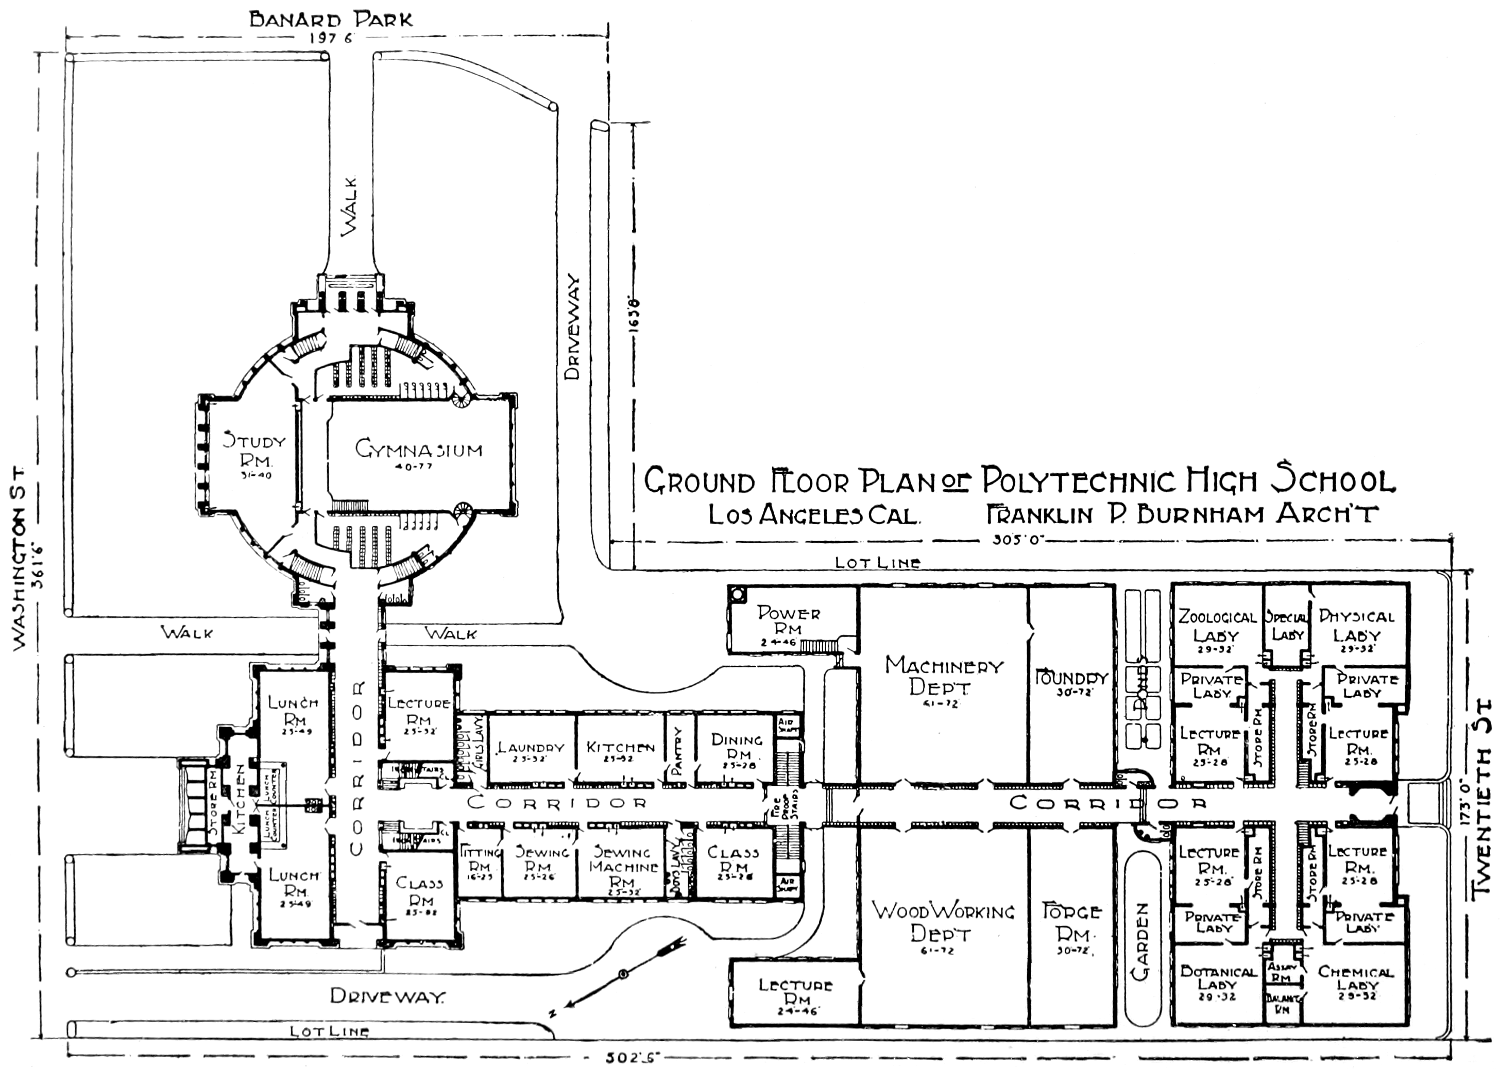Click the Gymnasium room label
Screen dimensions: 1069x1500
[418, 450]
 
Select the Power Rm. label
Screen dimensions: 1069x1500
[790, 621]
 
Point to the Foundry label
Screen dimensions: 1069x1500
[1071, 679]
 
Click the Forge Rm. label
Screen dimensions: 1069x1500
[1071, 922]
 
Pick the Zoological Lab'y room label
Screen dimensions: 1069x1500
[1216, 626]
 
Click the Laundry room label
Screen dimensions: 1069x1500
[530, 748]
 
